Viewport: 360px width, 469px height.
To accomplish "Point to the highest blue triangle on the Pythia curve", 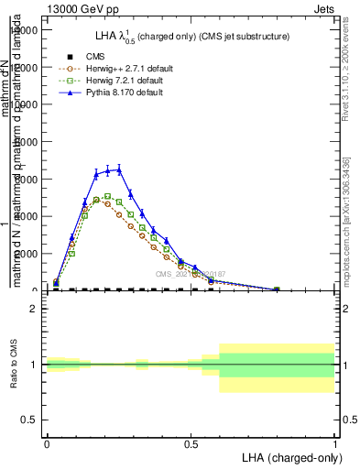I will tap(119, 169).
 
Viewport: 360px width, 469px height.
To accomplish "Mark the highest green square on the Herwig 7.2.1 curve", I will tap(107, 196).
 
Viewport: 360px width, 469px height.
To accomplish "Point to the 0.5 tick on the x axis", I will tap(191, 443).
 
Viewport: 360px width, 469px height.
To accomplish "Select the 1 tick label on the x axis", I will tap(334, 443).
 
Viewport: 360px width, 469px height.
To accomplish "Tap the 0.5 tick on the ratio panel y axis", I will tap(29, 420).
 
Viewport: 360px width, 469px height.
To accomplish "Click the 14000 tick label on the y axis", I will tap(24, 30).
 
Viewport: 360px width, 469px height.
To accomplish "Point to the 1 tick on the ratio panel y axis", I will tap(35, 365).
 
